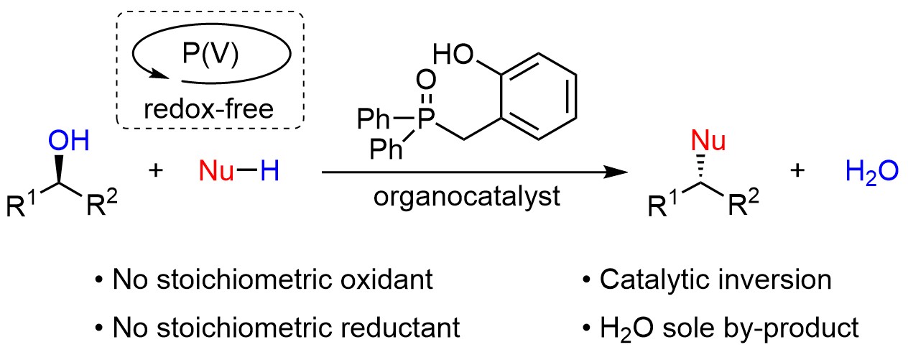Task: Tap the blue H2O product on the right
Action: click(871, 173)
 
